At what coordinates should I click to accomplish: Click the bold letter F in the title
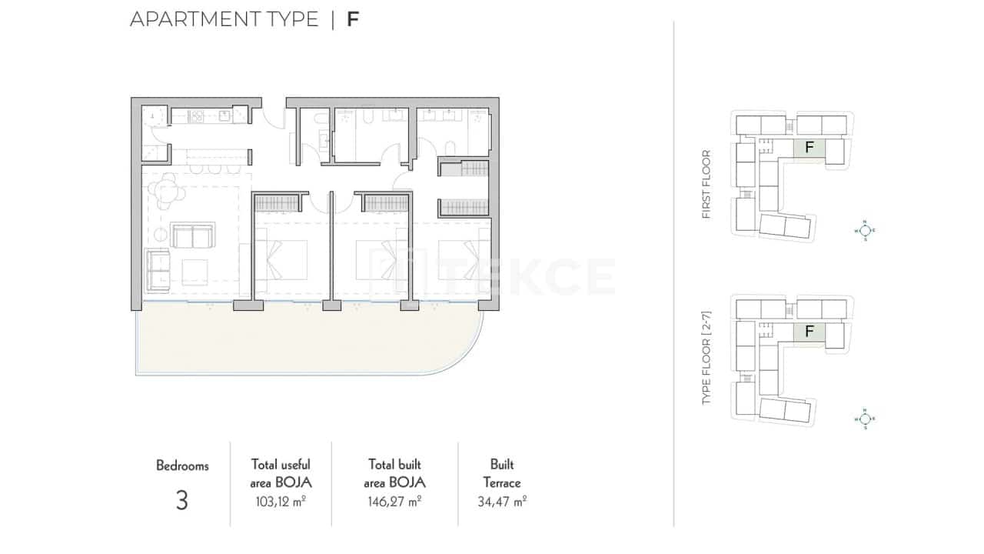353,19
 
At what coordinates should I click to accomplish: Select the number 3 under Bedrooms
182,501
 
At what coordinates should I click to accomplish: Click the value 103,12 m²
281,502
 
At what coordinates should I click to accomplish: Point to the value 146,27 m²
396,502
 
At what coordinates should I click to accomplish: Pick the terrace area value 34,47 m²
502,502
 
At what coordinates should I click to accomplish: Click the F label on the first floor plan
809,147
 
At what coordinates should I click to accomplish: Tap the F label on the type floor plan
809,332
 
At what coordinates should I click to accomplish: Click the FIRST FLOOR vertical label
706,185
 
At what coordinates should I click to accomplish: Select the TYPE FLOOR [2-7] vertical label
706,359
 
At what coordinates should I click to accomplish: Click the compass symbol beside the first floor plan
865,229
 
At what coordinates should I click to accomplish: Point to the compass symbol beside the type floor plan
865,419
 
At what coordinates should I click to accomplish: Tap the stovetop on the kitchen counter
196,117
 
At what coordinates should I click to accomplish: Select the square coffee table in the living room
194,272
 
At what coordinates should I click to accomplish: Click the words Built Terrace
502,474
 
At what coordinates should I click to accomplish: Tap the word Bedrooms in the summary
182,466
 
